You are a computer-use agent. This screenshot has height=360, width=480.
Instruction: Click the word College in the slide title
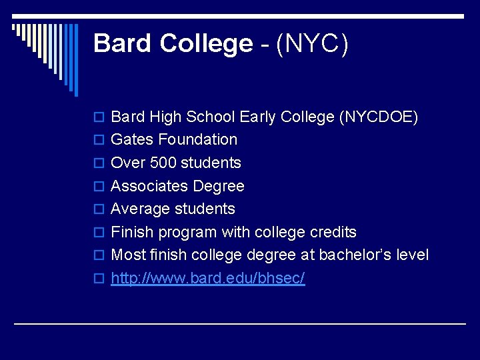click(x=206, y=44)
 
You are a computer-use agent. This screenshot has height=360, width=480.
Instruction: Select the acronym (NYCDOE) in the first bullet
click(x=379, y=117)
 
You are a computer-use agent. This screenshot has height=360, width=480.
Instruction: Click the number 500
click(x=161, y=163)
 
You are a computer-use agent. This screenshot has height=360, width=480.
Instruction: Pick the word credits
click(x=333, y=233)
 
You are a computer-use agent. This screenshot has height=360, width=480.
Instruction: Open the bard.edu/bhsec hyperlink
click(x=207, y=279)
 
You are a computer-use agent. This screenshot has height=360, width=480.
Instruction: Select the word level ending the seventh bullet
click(x=413, y=255)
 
